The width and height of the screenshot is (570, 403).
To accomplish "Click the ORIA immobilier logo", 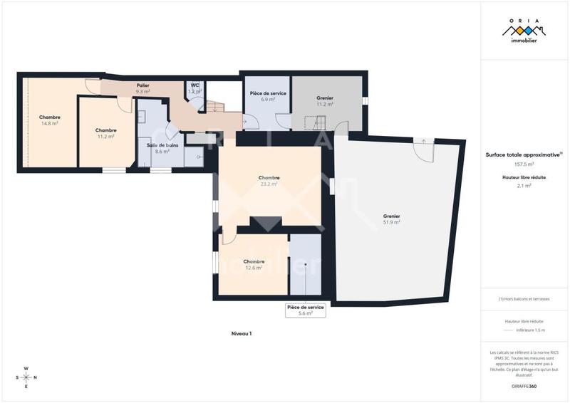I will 524,32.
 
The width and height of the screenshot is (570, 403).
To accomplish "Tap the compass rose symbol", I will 26,377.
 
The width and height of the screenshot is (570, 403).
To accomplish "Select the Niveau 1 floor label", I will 242,333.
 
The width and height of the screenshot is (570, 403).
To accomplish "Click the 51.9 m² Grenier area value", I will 391,222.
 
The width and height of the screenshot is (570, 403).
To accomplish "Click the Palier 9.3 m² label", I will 142,88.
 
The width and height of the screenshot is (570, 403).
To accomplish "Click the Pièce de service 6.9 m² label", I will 268,97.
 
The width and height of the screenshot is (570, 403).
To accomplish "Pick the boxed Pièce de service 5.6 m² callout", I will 305,310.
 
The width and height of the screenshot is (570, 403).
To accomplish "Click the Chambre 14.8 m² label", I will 49,120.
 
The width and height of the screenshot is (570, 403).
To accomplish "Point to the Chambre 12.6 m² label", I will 254,264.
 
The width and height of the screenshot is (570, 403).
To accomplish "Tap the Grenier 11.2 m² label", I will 325,100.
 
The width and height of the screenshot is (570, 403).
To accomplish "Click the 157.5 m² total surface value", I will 524,164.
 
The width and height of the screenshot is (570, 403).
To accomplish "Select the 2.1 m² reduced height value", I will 524,185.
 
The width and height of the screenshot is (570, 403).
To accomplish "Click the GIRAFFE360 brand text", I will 524,387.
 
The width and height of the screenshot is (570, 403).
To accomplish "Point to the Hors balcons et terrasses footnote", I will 524,298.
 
